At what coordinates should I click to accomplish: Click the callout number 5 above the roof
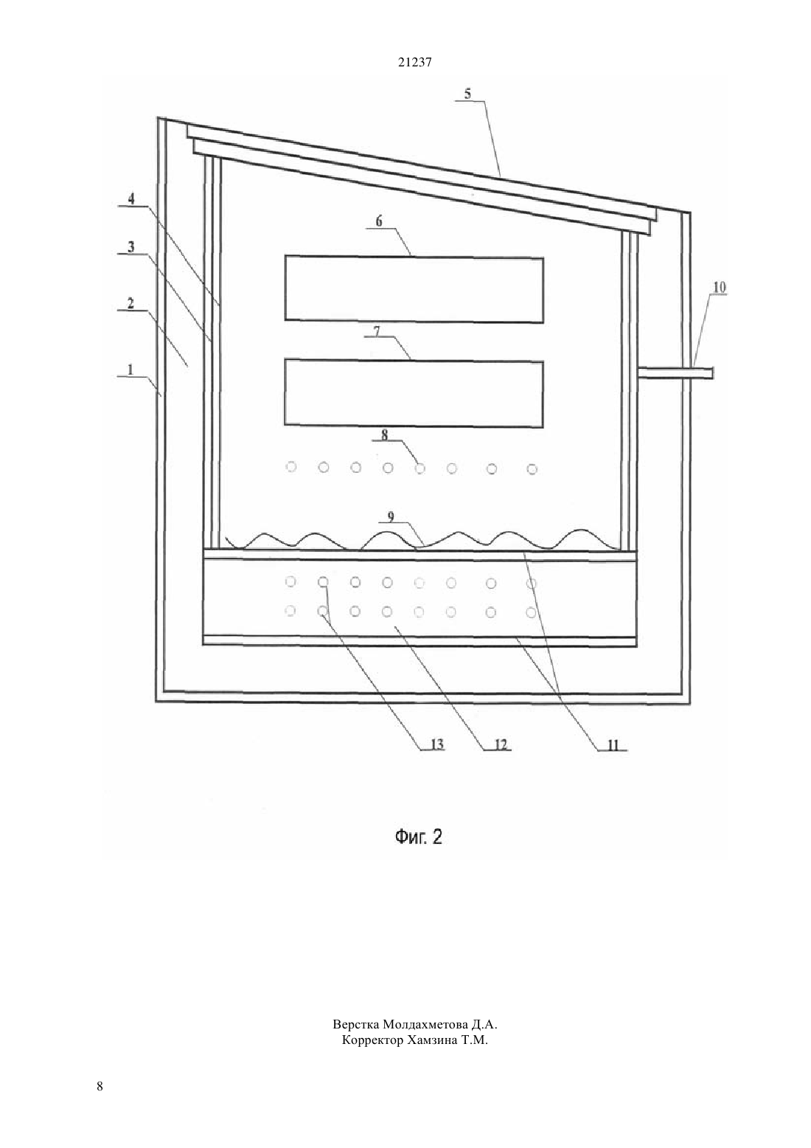point(467,94)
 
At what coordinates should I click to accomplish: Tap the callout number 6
point(379,221)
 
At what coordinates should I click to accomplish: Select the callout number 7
point(376,330)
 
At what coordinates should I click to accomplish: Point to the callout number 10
point(720,288)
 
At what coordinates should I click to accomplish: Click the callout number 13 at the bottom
point(436,744)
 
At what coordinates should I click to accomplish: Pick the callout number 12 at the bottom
point(500,744)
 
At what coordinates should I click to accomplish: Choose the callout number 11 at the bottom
point(613,744)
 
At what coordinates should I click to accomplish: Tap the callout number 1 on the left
point(130,369)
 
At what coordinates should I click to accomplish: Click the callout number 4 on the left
point(131,199)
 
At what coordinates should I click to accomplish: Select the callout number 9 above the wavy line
point(391,517)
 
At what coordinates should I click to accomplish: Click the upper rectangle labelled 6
point(414,289)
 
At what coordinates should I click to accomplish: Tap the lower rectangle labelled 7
point(414,393)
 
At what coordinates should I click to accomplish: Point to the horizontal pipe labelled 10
point(675,373)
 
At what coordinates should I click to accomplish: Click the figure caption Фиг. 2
point(418,837)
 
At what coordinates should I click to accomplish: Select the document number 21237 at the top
point(414,63)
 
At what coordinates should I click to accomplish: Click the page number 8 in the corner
point(100,1085)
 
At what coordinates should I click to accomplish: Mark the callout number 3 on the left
point(131,247)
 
